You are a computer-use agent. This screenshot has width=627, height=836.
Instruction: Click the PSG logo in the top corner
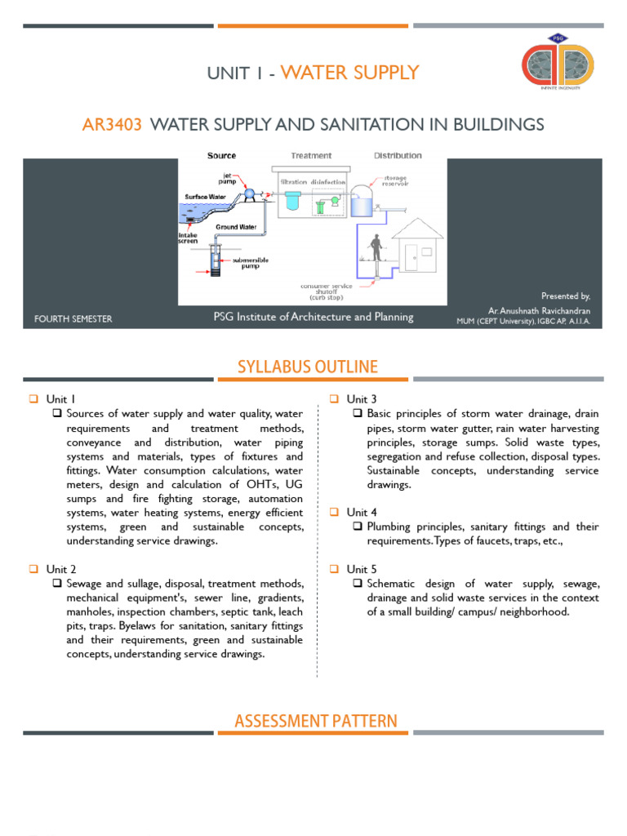(x=558, y=73)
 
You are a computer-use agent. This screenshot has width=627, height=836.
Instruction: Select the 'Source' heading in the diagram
(x=221, y=155)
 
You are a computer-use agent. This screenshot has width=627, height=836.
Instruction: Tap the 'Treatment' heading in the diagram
(x=311, y=155)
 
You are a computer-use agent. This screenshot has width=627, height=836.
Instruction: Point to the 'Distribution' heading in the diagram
(x=398, y=155)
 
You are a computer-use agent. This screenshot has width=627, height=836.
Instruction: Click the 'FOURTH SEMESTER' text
(x=73, y=318)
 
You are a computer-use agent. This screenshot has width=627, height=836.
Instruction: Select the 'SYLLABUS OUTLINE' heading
(x=308, y=367)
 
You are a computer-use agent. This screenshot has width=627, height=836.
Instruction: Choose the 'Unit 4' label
(x=362, y=512)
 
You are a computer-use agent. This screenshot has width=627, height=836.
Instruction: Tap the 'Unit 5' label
(x=362, y=569)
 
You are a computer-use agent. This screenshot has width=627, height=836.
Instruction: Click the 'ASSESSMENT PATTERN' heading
(x=316, y=721)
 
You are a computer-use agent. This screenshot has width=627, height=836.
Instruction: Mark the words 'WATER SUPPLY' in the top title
(x=349, y=73)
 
